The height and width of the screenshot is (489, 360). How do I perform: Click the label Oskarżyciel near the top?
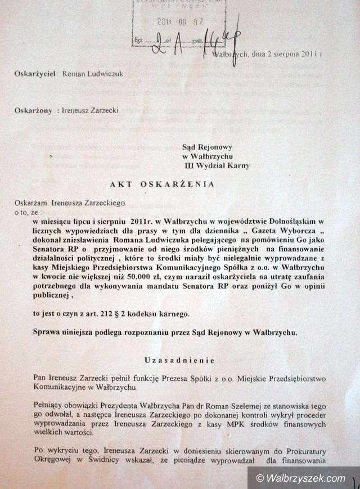35,74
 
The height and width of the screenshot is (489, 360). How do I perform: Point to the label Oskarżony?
34,111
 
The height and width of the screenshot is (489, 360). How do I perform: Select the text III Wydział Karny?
217,166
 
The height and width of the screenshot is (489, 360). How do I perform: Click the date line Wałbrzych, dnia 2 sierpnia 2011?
268,54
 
